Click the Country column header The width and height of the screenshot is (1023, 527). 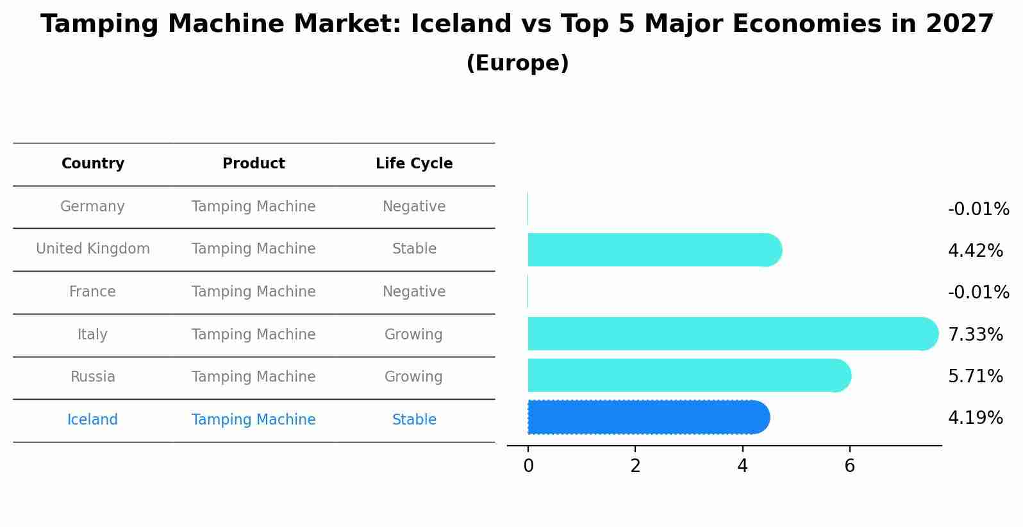[x=93, y=164]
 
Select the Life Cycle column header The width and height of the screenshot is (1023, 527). [x=414, y=164]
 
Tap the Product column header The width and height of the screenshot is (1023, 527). [x=254, y=164]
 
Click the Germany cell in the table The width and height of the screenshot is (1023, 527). [x=92, y=207]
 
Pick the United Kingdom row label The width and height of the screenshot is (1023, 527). [x=93, y=249]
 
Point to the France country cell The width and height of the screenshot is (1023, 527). [x=92, y=292]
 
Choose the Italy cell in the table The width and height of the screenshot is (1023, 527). [x=92, y=335]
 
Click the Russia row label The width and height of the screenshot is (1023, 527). [x=93, y=377]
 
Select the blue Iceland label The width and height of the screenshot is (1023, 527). [x=92, y=420]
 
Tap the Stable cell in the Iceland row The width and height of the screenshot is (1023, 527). [x=414, y=420]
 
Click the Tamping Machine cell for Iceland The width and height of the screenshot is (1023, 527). [x=254, y=420]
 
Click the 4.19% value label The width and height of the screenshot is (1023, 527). [x=975, y=418]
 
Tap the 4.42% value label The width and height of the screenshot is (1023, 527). [x=975, y=250]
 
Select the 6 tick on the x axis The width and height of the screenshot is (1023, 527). [x=849, y=466]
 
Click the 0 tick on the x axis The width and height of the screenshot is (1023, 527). [x=528, y=466]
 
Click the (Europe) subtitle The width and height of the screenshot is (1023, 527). [x=517, y=63]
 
